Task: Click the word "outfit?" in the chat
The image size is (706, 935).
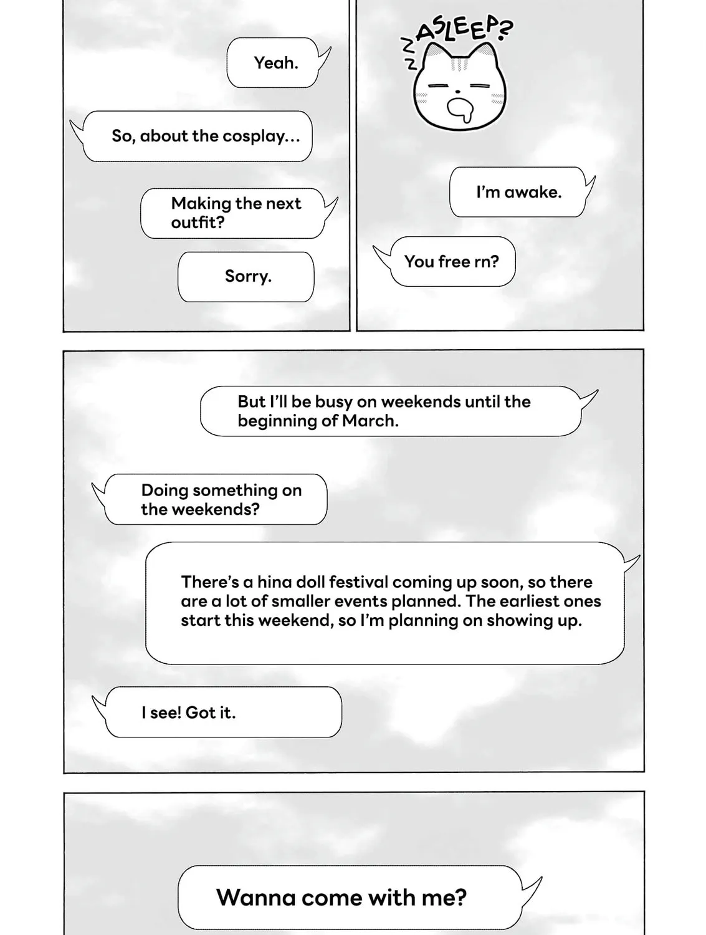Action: click(198, 223)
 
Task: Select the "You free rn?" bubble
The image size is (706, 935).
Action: click(451, 262)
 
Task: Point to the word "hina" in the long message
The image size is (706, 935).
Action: click(275, 582)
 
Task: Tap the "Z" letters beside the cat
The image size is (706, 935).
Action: click(408, 54)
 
